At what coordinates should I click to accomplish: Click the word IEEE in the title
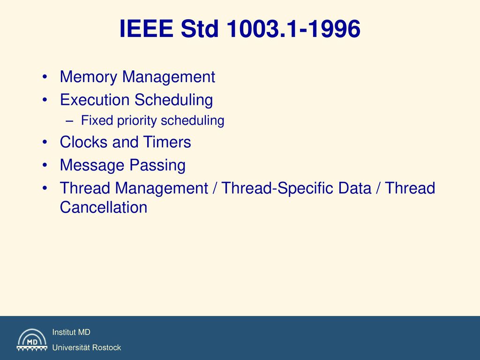click(146, 29)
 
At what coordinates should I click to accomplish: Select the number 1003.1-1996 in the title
click(293, 29)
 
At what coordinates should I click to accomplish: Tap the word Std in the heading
click(200, 29)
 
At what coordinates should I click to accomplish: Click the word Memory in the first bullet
click(89, 77)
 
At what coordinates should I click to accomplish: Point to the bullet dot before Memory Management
click(45, 76)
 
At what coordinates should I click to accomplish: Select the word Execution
click(95, 99)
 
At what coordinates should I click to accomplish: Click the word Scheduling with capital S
click(173, 100)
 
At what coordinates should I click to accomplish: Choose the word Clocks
click(83, 142)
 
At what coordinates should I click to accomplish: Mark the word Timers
click(167, 142)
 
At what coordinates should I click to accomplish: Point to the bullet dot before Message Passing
click(45, 165)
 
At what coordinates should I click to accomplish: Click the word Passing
click(157, 165)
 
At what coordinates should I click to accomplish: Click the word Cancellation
click(104, 207)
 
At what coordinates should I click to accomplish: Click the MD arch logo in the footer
click(32, 339)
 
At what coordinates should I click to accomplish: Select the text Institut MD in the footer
click(71, 332)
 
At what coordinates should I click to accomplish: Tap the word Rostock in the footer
click(106, 348)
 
